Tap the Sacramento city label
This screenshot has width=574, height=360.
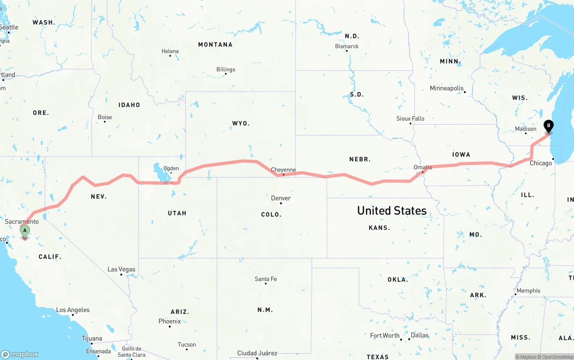[x=22, y=221]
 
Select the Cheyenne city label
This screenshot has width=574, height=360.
[x=283, y=170]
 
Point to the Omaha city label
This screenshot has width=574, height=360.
[x=422, y=167]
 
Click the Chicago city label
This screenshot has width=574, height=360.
[x=541, y=163]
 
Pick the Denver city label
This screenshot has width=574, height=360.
[x=281, y=198]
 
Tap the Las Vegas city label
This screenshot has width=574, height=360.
[x=121, y=269]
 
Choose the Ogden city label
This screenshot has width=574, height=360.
[x=171, y=169]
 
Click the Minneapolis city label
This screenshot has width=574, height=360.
[x=447, y=88]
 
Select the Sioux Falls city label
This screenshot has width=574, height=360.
[x=410, y=118]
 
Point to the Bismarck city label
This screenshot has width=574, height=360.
[x=347, y=46]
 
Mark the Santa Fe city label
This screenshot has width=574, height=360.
[x=265, y=279]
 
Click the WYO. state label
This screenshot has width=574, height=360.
[x=241, y=123]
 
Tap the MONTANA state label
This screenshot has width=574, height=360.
[x=215, y=44]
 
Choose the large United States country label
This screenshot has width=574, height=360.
[x=391, y=210]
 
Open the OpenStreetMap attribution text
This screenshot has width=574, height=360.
[x=557, y=357]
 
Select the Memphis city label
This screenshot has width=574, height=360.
[x=528, y=291]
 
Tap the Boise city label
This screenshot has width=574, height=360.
[x=105, y=117]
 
